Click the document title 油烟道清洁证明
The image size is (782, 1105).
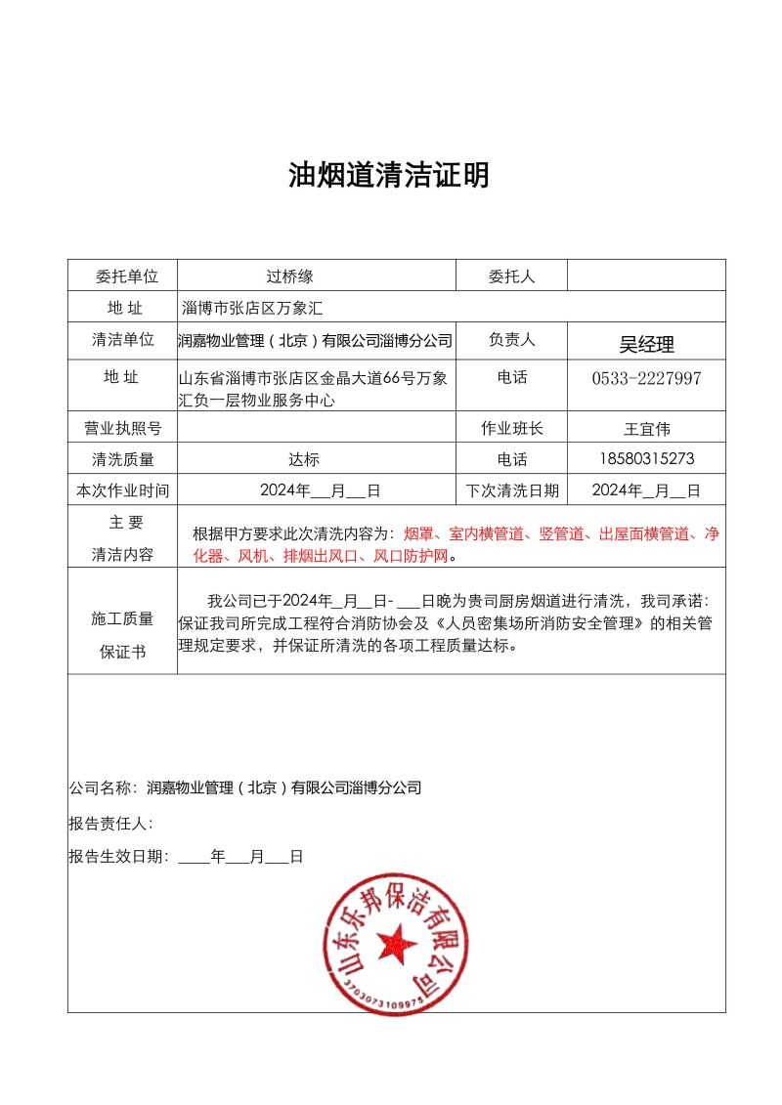pos(388,176)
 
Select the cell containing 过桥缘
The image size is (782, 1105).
pos(289,276)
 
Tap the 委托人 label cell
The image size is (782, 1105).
pos(511,276)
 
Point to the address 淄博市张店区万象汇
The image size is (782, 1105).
pos(252,308)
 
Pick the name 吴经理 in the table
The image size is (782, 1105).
pos(646,344)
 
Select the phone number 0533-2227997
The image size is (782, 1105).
pos(646,378)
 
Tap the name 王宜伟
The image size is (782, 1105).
pos(646,428)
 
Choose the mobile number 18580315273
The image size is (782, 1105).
pos(646,459)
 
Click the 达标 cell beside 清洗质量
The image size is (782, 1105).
pos(304,459)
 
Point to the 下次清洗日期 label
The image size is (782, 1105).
pos(511,490)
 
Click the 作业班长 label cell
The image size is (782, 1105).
pos(511,428)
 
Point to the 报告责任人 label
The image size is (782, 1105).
pos(110,824)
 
